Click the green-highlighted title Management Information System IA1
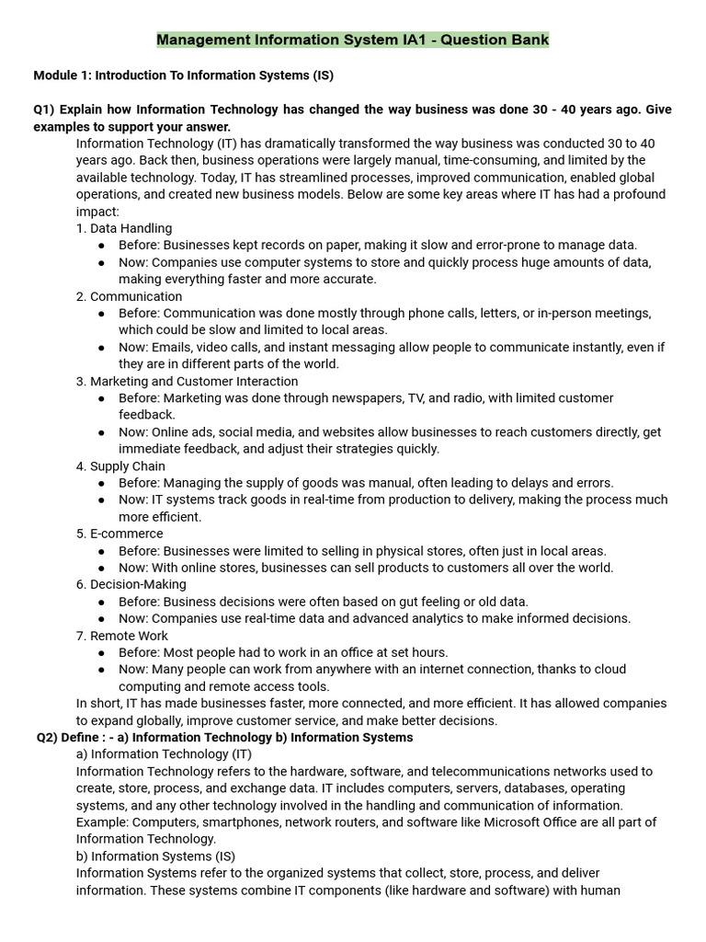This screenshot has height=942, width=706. click(x=353, y=40)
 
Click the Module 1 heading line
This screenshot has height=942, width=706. click(x=176, y=75)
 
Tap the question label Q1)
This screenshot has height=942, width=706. click(x=45, y=109)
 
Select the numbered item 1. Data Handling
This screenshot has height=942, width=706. click(x=124, y=228)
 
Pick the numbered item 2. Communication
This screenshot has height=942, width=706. click(x=130, y=296)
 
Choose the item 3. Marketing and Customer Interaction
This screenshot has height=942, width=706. click(x=188, y=381)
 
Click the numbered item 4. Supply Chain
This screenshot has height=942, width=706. click(x=121, y=466)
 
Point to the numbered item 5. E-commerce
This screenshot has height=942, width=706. click(x=120, y=534)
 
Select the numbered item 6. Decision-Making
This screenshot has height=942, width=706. click(x=131, y=584)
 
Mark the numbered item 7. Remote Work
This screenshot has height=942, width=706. click(x=123, y=636)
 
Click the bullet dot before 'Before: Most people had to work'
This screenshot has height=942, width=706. click(x=100, y=653)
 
